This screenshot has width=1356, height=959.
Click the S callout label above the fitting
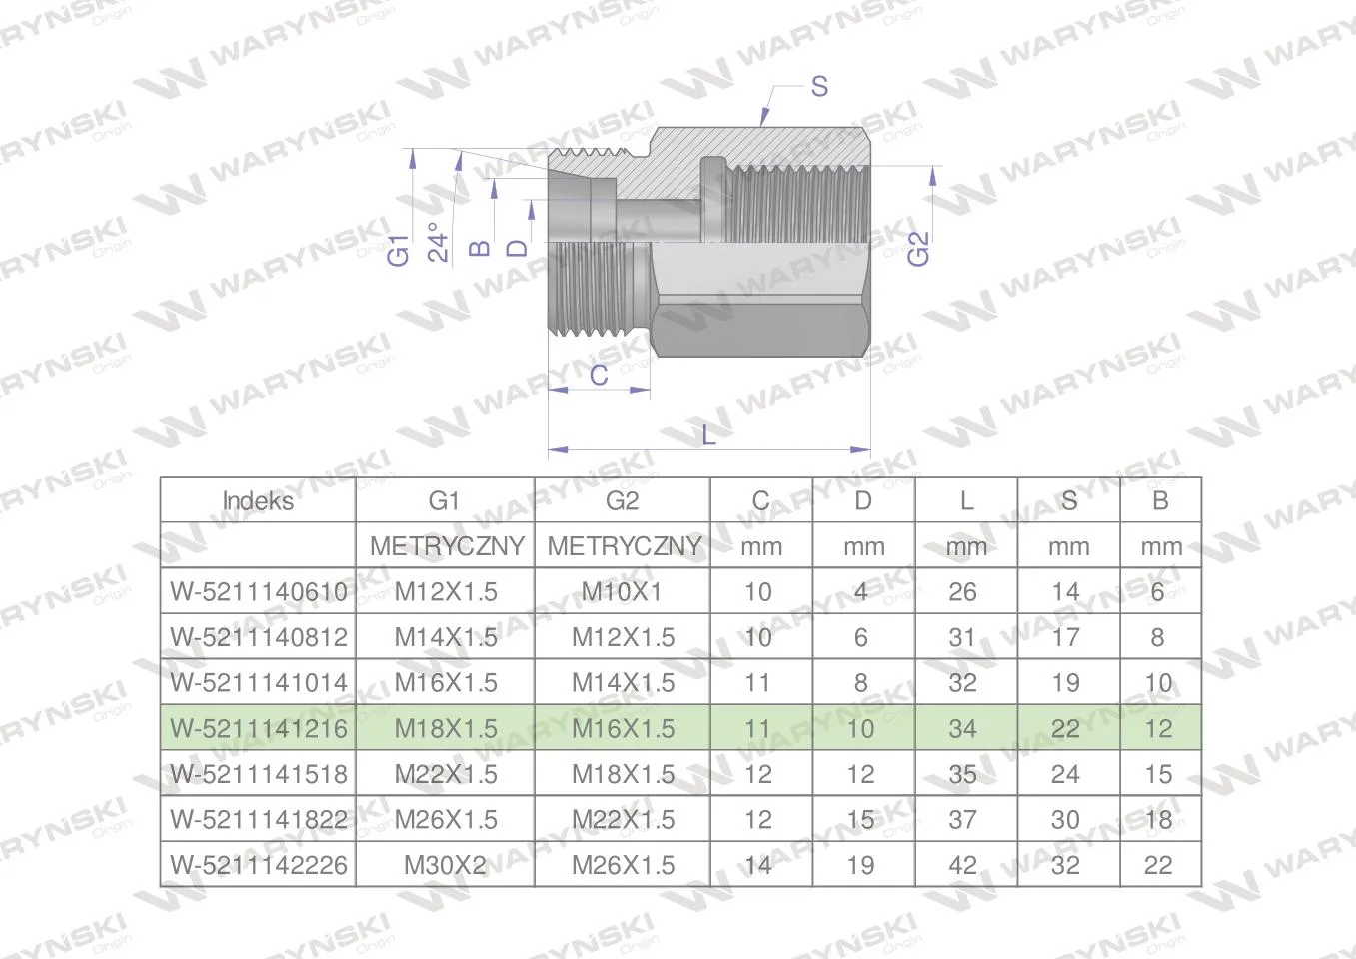tap(819, 87)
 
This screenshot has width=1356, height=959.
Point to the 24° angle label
tap(438, 242)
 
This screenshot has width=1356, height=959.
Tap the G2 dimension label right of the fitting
tap(917, 248)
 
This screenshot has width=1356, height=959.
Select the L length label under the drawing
tap(708, 435)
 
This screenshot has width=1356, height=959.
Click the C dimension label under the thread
tap(599, 375)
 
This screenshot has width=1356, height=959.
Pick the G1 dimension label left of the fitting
tap(399, 250)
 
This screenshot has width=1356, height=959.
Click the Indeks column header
tap(258, 501)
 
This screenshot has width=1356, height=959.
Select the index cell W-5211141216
tap(259, 728)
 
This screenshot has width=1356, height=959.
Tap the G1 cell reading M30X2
tap(445, 865)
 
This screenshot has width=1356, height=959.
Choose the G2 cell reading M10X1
tap(622, 591)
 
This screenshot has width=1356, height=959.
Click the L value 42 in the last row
tap(962, 865)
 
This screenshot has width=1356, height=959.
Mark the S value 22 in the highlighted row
tap(1065, 728)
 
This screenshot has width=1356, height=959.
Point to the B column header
tap(1160, 501)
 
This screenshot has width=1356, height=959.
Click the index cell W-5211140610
tap(259, 591)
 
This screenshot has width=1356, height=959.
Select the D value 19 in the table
tap(860, 865)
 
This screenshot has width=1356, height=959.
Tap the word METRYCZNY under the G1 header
tap(447, 547)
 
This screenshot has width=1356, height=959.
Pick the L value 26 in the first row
tap(962, 591)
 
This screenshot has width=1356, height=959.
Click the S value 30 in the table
tap(1065, 820)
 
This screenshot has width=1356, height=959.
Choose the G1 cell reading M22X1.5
tap(446, 774)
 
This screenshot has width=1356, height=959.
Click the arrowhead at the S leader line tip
tap(765, 118)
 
